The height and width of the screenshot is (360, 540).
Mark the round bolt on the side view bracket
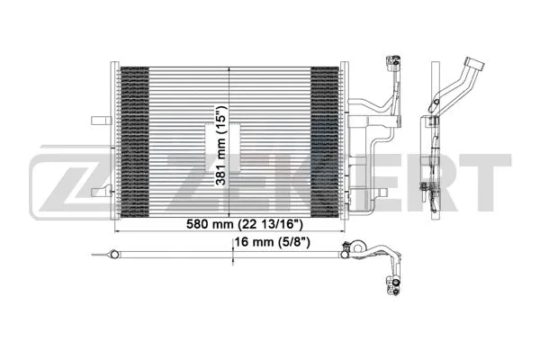(436, 116)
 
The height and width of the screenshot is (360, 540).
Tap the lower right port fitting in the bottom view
(393, 288)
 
